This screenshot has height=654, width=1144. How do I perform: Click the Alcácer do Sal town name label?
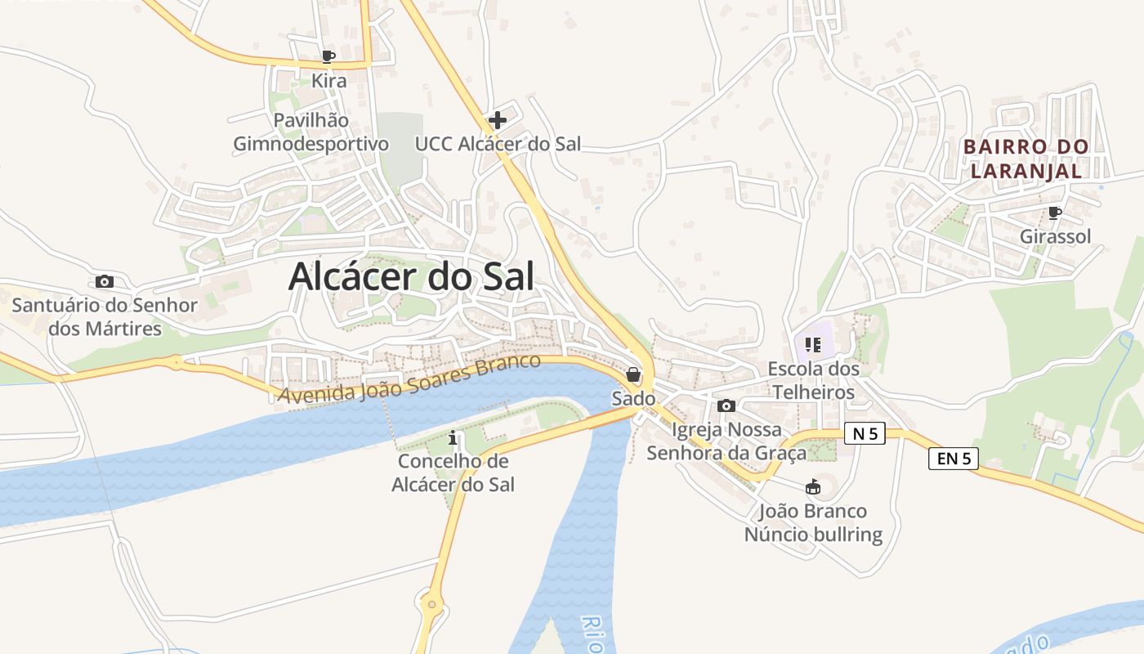[x=411, y=277]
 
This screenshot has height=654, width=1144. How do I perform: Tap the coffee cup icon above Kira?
[x=328, y=56]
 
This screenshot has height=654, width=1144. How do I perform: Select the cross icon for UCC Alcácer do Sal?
[x=497, y=121]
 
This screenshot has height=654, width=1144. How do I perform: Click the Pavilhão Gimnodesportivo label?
[x=311, y=132]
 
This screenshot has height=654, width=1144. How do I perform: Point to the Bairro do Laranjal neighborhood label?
[x=1026, y=159]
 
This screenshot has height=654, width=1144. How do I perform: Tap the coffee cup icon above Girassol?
[x=1055, y=213]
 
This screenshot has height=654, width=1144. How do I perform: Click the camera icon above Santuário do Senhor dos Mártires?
[x=105, y=282]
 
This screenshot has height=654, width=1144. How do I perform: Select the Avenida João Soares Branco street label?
[x=409, y=378]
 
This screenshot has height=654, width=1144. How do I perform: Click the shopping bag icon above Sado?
[x=633, y=375]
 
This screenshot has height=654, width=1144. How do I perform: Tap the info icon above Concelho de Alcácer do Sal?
[x=454, y=439]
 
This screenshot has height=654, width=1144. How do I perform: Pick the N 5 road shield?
[x=865, y=434]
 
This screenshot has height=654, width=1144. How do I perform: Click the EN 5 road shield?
[x=953, y=459]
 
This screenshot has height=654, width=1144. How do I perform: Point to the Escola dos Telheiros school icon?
[x=812, y=345]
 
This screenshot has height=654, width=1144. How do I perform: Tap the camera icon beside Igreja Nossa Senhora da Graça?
[x=726, y=405]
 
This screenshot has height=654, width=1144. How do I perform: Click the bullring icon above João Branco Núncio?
[x=813, y=488]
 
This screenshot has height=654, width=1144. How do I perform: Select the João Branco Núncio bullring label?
[x=813, y=523]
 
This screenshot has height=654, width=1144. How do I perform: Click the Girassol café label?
[x=1055, y=237]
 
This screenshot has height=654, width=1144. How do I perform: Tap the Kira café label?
[x=328, y=81]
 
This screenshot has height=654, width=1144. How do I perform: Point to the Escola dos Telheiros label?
[x=814, y=380]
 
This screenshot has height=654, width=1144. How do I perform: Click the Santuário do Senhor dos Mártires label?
[x=105, y=317]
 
